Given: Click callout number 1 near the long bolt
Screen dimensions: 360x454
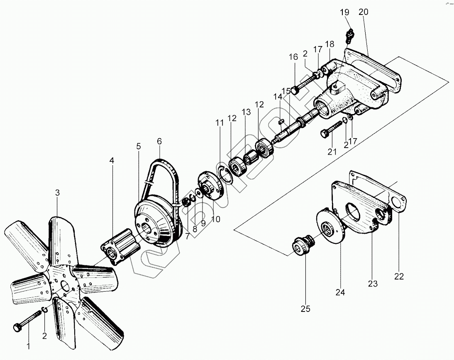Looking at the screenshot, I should (28, 346).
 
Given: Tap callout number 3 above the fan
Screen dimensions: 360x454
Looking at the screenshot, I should (57, 192).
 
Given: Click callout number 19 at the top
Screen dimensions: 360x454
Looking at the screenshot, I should (345, 12).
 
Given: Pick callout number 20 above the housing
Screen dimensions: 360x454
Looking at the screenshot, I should (363, 12).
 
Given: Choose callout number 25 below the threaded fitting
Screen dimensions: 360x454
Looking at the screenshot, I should (305, 309).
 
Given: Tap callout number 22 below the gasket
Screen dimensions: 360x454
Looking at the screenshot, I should (399, 276).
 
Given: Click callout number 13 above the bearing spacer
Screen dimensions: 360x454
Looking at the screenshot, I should (247, 112).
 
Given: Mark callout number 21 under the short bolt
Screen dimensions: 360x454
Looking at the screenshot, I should (332, 152).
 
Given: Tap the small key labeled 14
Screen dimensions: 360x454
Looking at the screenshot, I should (281, 121).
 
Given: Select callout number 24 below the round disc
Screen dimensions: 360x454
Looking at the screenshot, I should (340, 292).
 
